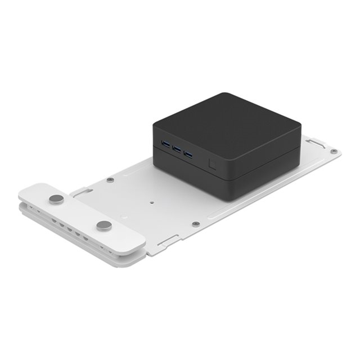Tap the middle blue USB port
click(177, 149)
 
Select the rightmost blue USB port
click(188, 155)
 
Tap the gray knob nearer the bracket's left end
click(57, 199)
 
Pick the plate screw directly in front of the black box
click(195, 224)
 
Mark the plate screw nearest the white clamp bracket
click(110, 180)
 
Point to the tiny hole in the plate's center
click(152, 203)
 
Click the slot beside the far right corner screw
click(317, 143)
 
